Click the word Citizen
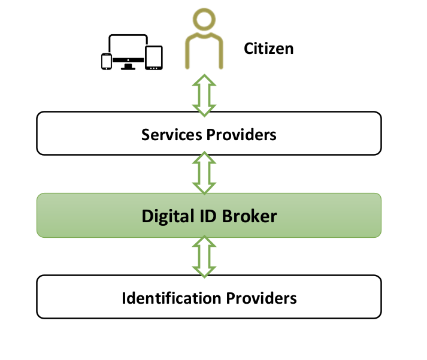point(268,49)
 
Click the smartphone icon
point(107,62)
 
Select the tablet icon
point(154,58)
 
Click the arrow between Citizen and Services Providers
point(204,95)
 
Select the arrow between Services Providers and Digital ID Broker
point(204,173)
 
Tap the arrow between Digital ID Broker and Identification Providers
point(204,256)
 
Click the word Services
point(171,135)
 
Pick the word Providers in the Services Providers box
point(241,135)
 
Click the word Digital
point(168,216)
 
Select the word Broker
point(250,216)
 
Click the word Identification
point(171,298)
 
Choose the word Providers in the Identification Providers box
point(262,298)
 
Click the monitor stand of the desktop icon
point(128,66)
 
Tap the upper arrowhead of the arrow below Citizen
point(204,80)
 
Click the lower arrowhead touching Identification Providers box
point(204,273)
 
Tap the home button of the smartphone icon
point(107,68)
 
